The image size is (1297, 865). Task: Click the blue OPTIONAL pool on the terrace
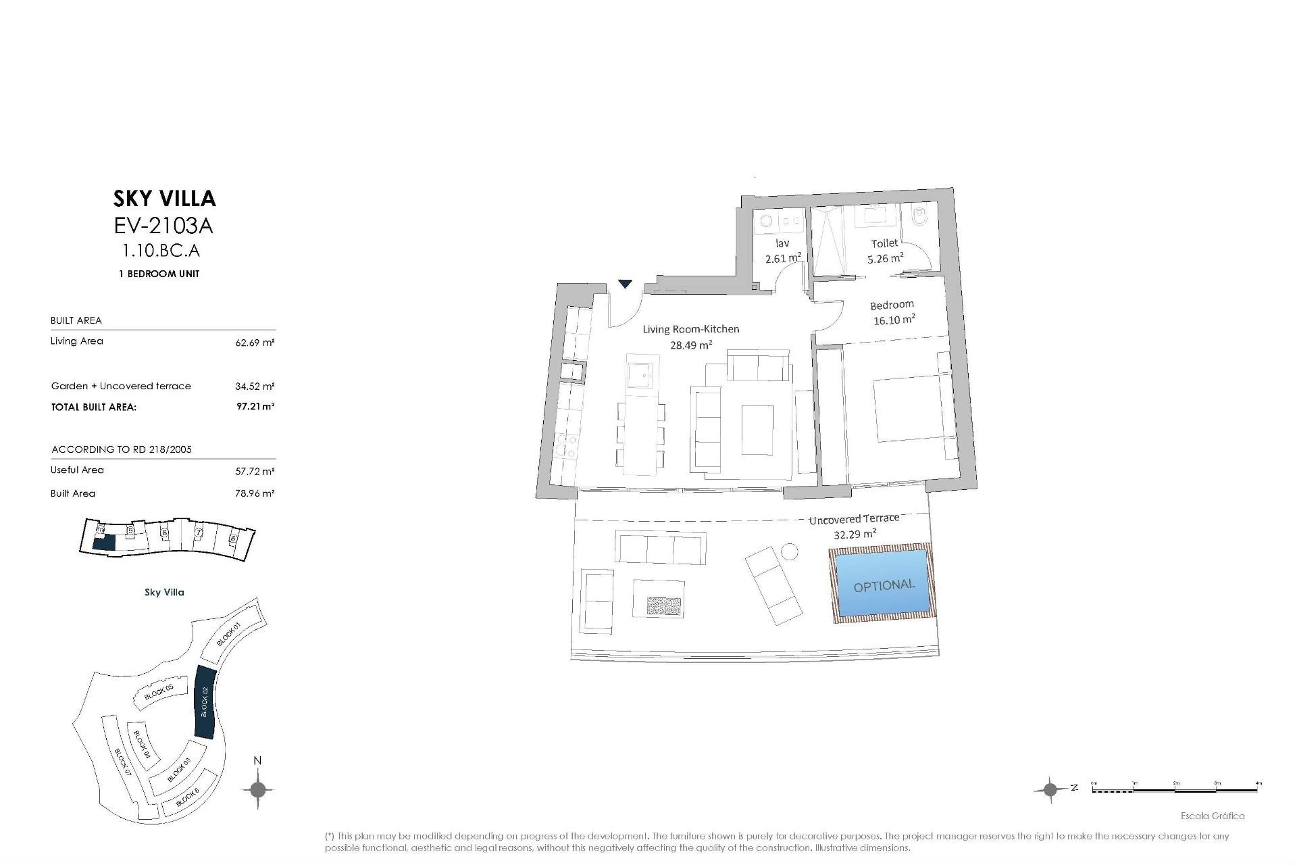(882, 585)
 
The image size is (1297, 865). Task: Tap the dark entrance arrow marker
(626, 284)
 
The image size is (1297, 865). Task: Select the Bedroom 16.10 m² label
(893, 312)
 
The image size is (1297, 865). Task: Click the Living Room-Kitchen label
(690, 337)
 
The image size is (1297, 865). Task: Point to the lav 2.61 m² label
(783, 251)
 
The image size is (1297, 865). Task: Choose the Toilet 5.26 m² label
(885, 251)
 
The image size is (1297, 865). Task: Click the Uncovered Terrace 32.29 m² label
(855, 526)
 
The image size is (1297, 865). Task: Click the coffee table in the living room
(758, 430)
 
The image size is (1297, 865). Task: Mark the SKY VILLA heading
(164, 198)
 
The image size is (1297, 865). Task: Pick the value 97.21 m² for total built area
(255, 407)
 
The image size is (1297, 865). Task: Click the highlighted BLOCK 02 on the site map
(204, 702)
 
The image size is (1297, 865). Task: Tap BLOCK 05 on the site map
(159, 691)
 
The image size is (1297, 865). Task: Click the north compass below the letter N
(257, 789)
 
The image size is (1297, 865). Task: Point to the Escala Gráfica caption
(1212, 816)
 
